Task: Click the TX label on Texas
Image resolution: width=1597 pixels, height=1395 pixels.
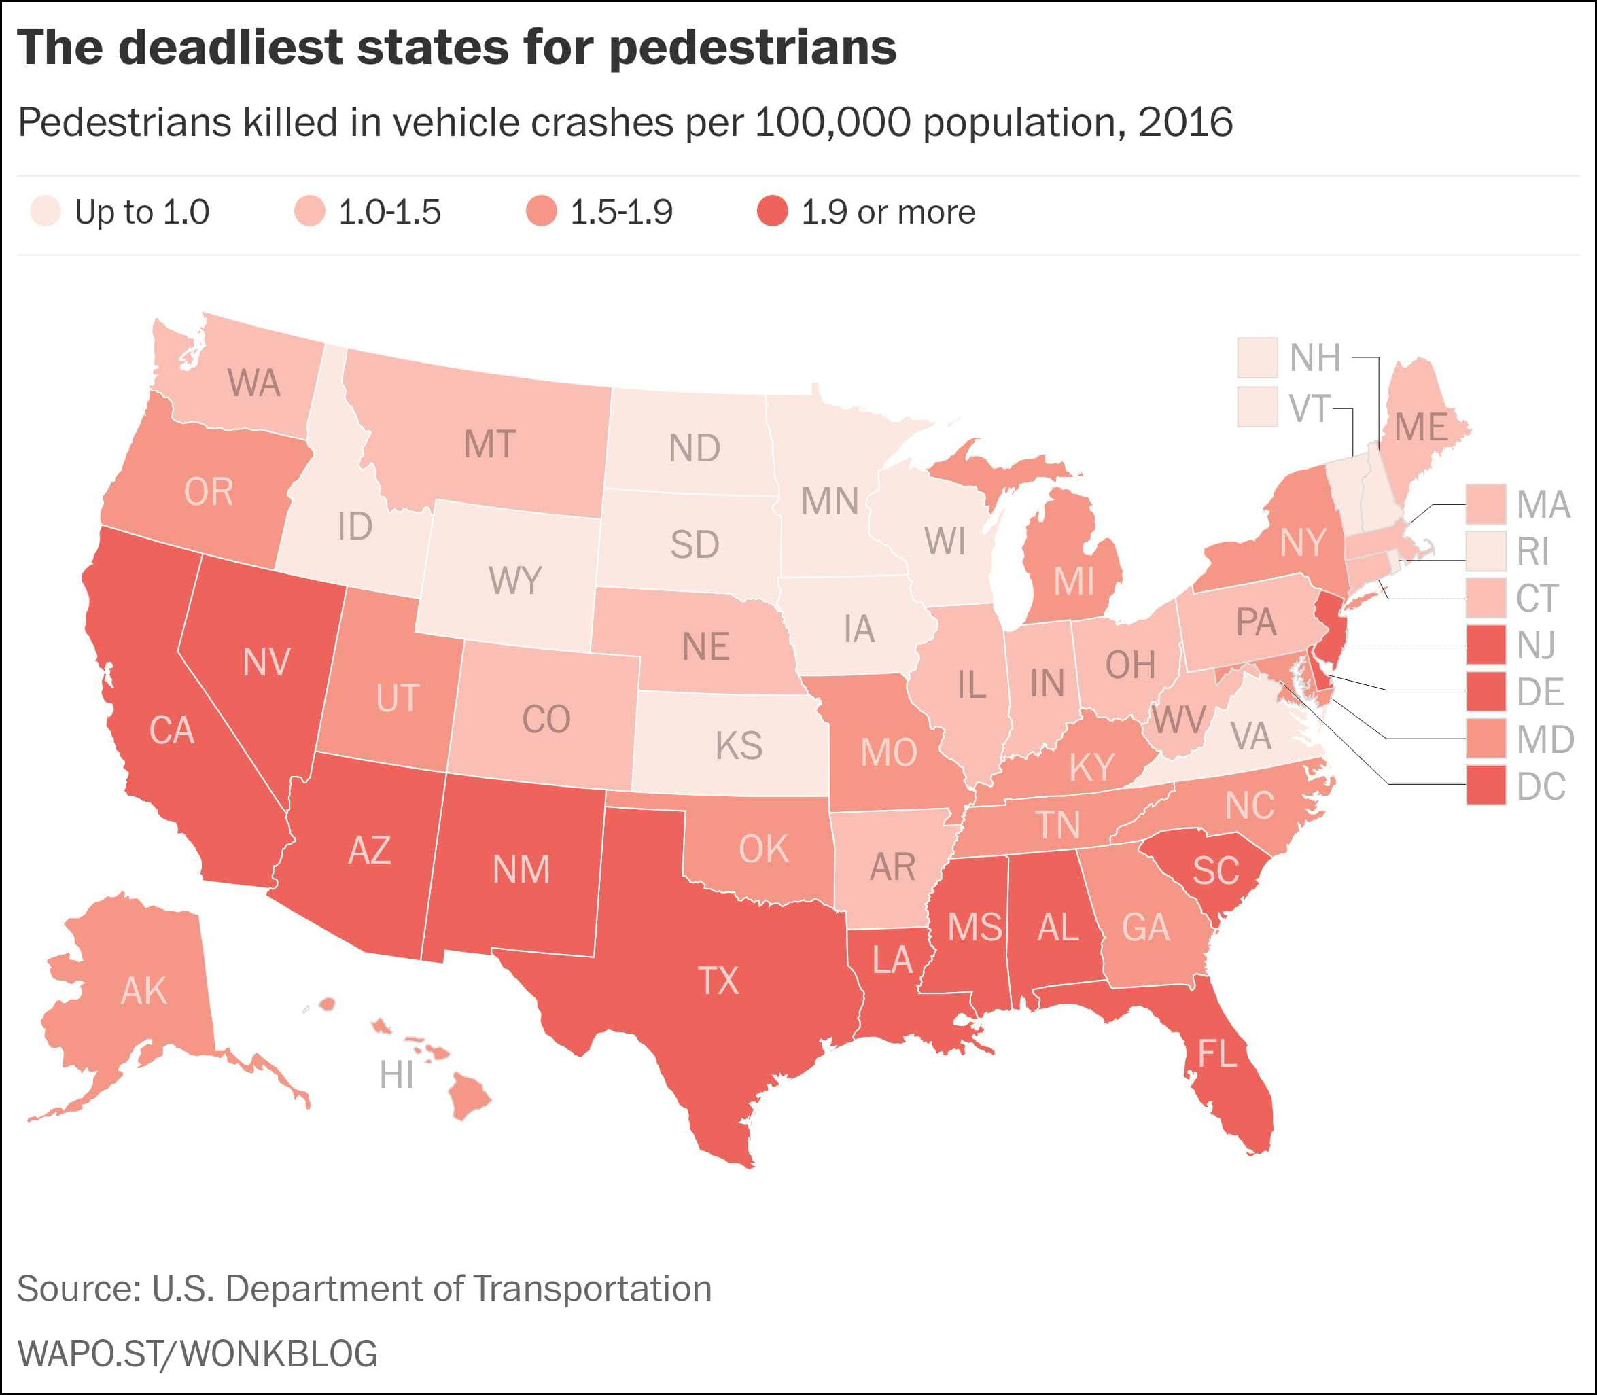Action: pyautogui.click(x=718, y=981)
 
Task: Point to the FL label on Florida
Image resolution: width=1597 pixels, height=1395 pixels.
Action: pyautogui.click(x=1216, y=1054)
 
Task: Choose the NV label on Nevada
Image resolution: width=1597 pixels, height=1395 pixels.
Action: pyautogui.click(x=266, y=662)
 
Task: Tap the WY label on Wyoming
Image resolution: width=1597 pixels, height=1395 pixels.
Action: pyautogui.click(x=514, y=581)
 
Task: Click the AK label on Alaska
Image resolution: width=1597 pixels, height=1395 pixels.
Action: pyautogui.click(x=144, y=991)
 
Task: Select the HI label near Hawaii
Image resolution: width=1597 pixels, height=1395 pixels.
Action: pyautogui.click(x=396, y=1075)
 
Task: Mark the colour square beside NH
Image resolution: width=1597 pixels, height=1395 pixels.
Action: pyautogui.click(x=1257, y=357)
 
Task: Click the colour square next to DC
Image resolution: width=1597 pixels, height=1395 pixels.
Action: pyautogui.click(x=1486, y=785)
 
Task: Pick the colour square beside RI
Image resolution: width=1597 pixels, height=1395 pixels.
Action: pyautogui.click(x=1486, y=551)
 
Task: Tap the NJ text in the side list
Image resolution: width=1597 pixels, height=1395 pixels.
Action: pyautogui.click(x=1535, y=646)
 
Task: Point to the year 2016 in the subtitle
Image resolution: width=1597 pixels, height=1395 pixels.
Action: pyautogui.click(x=1185, y=122)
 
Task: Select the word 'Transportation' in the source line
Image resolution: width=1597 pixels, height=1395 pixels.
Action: pyautogui.click(x=592, y=1288)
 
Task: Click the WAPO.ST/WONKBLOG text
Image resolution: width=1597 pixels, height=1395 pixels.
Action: pyautogui.click(x=198, y=1354)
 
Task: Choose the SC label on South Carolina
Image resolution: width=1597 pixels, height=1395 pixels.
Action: pyautogui.click(x=1216, y=870)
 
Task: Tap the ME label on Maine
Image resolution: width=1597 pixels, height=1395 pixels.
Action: pyautogui.click(x=1421, y=427)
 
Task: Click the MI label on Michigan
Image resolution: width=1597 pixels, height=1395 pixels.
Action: pyautogui.click(x=1074, y=581)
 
